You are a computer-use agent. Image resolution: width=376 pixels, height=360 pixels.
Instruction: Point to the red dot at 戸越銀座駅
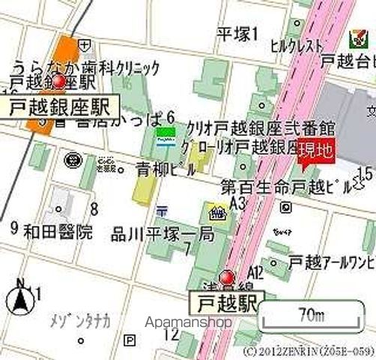pos(58,80)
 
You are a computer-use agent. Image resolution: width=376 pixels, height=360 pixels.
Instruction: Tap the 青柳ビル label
pos(165,169)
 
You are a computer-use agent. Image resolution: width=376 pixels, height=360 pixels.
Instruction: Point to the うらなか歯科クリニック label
pos(86,67)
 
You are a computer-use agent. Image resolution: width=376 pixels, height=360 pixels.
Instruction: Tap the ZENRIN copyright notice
pos(309,350)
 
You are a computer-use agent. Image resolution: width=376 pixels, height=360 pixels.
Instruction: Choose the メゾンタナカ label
pos(80,322)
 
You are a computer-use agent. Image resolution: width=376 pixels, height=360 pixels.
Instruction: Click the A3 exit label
pos(239,203)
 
